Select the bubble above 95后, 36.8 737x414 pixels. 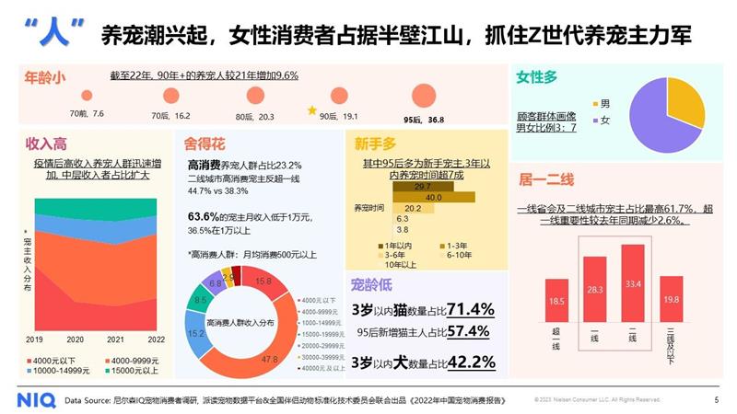point(423,94)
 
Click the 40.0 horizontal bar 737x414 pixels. point(434,198)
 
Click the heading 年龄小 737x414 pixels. point(44,78)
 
